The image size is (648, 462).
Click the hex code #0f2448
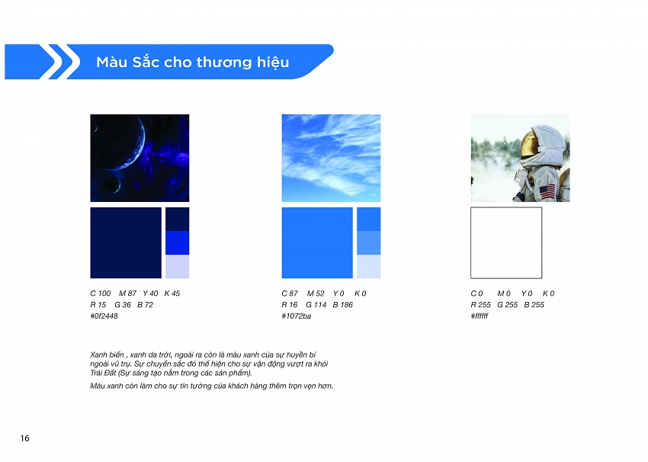(x=104, y=316)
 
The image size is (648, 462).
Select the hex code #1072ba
(x=296, y=316)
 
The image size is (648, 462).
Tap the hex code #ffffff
(x=480, y=316)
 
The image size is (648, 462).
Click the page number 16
(x=25, y=438)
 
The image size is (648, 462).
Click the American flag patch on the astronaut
(x=547, y=192)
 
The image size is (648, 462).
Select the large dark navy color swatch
(x=126, y=243)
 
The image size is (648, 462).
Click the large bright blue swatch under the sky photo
(x=317, y=243)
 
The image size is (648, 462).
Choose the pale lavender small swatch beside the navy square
(x=178, y=267)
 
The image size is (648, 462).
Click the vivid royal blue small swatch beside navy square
(x=178, y=243)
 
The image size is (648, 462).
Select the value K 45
(x=172, y=294)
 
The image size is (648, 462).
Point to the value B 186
(x=342, y=305)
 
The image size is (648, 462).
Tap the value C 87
(x=289, y=294)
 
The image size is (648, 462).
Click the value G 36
(x=122, y=305)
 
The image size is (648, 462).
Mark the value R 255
(x=480, y=305)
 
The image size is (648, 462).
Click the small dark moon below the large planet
(x=111, y=184)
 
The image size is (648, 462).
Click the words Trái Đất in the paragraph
(x=103, y=373)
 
